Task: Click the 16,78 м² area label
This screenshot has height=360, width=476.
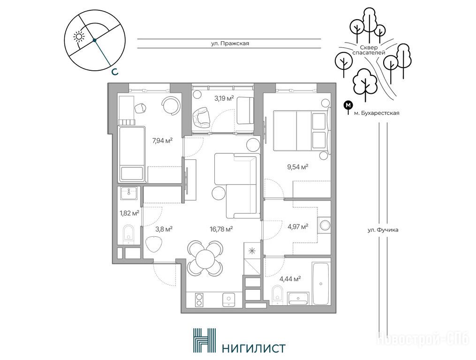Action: tap(221, 229)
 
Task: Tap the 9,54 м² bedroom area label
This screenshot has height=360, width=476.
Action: tap(297, 167)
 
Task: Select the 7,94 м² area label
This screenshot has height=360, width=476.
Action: tap(162, 140)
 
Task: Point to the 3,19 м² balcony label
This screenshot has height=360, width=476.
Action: tap(224, 98)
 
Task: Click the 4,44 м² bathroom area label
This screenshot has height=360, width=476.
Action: tap(290, 278)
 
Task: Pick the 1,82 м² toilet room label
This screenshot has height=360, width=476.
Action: tap(129, 213)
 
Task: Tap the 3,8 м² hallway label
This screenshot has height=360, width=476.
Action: tap(164, 229)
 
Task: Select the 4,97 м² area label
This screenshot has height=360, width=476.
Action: tap(298, 226)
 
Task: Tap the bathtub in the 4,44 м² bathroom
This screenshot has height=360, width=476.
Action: tap(321, 284)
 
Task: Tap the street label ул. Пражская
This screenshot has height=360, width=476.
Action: tap(230, 44)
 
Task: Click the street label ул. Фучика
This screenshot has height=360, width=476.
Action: tap(383, 230)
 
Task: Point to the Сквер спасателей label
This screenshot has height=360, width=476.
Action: tap(369, 50)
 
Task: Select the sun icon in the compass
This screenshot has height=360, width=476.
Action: tap(79, 36)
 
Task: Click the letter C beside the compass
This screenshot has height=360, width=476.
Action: tap(114, 72)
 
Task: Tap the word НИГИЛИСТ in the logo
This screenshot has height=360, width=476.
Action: tap(254, 348)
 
